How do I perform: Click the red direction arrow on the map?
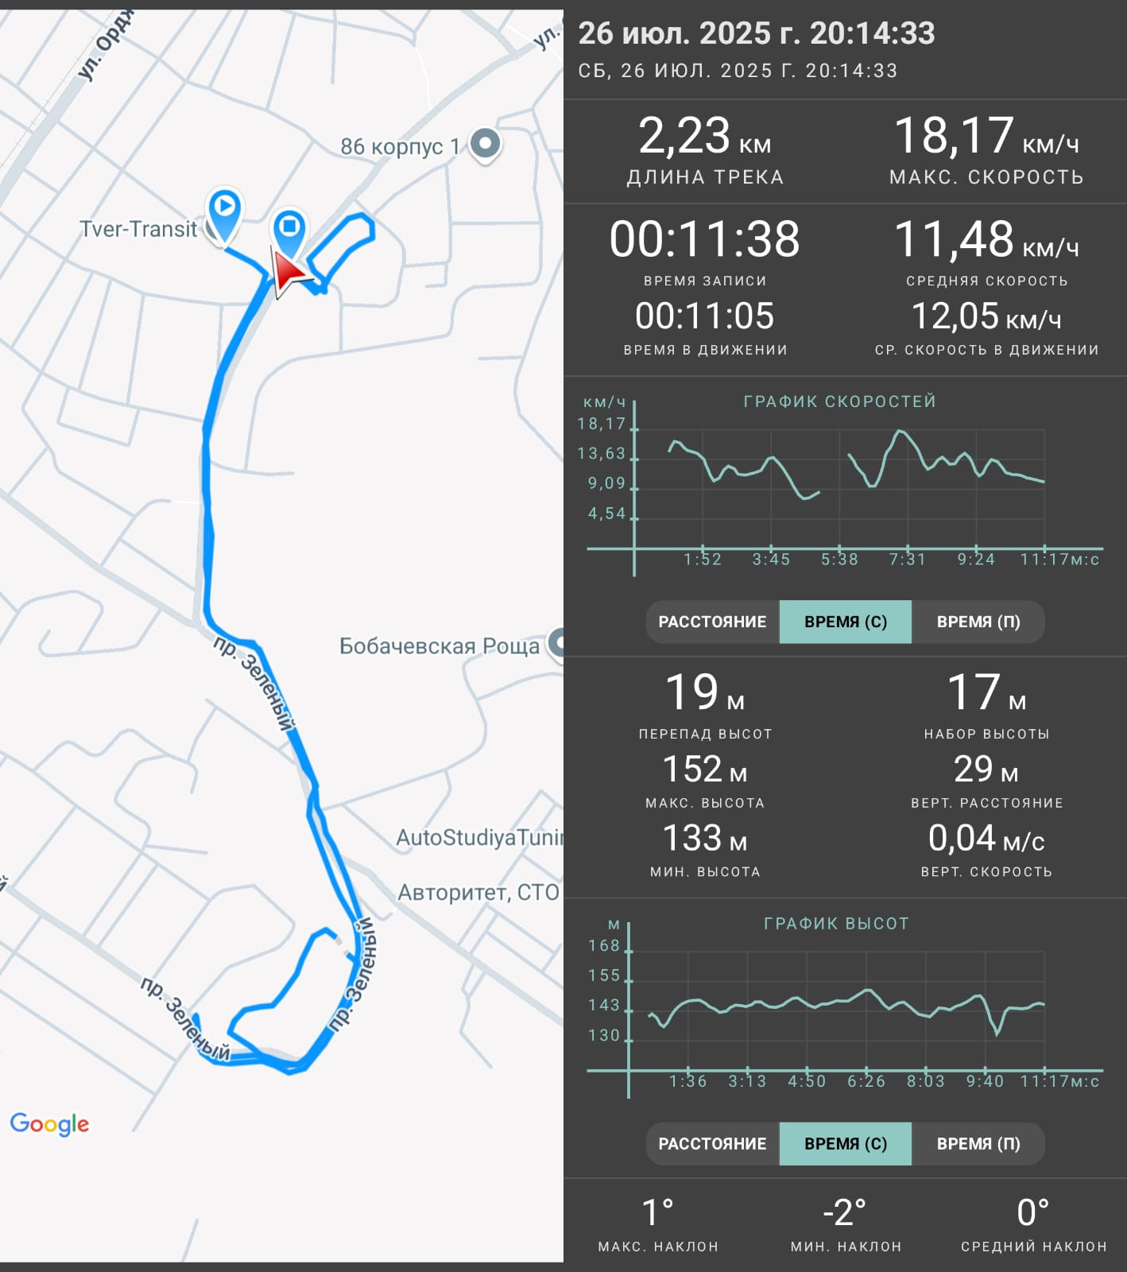click(289, 273)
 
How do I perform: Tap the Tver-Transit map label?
click(138, 229)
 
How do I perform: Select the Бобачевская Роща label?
click(440, 646)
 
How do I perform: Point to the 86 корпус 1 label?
click(400, 146)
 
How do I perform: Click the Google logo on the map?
click(49, 1123)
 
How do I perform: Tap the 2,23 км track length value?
click(704, 136)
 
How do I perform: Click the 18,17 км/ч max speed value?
click(986, 136)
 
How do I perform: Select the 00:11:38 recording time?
click(705, 239)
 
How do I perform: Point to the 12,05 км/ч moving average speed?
click(986, 316)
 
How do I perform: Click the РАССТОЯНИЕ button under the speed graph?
click(712, 622)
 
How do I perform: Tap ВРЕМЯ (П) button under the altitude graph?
click(978, 1144)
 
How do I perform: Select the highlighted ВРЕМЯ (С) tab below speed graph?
click(846, 622)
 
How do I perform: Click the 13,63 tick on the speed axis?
click(602, 454)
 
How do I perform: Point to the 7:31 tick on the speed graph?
click(908, 560)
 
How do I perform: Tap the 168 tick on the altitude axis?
click(604, 946)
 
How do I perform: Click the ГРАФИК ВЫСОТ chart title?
click(836, 924)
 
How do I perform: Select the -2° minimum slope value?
click(844, 1213)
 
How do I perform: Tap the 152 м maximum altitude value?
click(705, 770)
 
